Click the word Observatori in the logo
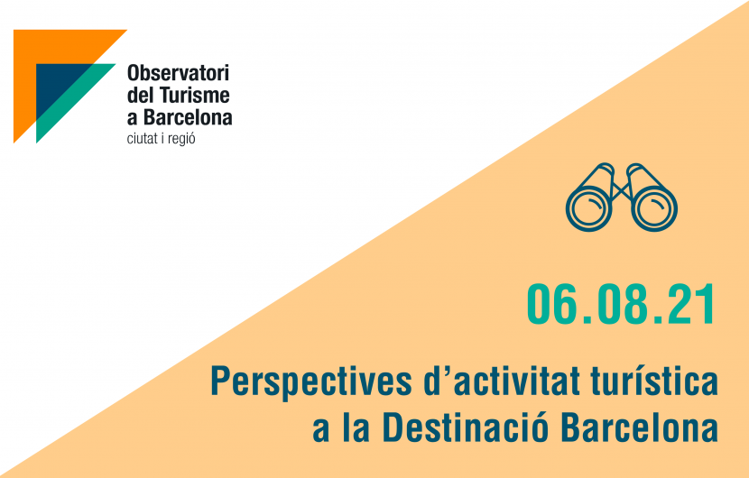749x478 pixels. [x=178, y=73]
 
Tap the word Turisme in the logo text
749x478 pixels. [x=194, y=95]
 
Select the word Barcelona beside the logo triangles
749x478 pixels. [x=189, y=117]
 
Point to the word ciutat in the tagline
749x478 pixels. [x=143, y=139]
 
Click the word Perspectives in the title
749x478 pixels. [x=311, y=382]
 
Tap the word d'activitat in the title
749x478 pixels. [x=502, y=381]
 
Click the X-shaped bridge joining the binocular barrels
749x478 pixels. [x=621, y=189]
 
